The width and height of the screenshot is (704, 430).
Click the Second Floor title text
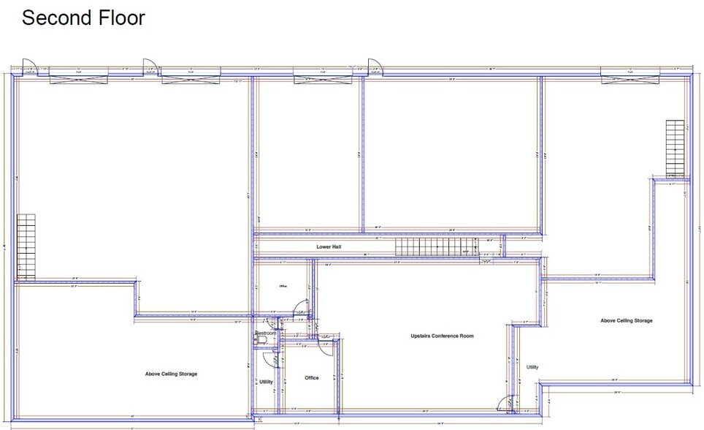(83, 18)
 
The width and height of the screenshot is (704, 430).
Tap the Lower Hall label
(329, 247)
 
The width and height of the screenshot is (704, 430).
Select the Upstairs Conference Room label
(443, 336)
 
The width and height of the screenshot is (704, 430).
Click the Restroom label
(265, 333)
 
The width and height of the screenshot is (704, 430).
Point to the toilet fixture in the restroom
(261, 340)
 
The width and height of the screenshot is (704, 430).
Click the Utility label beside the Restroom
(266, 382)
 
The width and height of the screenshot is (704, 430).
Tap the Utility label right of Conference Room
(532, 366)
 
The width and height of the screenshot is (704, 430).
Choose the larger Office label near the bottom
(312, 378)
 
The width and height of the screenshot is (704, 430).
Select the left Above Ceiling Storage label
(171, 374)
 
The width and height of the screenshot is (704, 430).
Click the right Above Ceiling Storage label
(626, 320)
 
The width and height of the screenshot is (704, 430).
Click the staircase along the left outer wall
(26, 246)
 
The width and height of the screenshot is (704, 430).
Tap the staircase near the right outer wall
(675, 148)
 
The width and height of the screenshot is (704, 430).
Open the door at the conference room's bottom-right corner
(504, 404)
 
